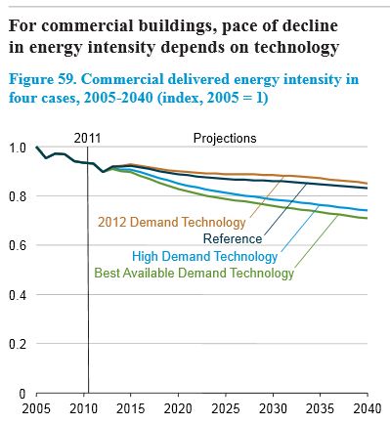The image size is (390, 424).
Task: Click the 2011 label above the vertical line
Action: click(89, 139)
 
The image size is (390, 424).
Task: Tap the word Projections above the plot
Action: click(225, 139)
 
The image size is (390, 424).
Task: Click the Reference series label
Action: click(233, 238)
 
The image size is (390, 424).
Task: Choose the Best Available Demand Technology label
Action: click(194, 274)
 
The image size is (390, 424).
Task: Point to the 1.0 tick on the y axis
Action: click(16, 148)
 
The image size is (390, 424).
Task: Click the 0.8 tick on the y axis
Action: click(16, 196)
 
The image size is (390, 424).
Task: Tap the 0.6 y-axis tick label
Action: click(16, 245)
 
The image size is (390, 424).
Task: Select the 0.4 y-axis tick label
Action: click(16, 294)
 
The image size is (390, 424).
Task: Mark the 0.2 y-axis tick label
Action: click(16, 344)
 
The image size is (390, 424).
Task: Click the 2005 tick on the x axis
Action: click(36, 409)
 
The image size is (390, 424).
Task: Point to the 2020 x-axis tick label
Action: click(178, 409)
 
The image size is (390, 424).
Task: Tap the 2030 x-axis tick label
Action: click(273, 409)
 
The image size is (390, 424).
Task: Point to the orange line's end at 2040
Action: click(368, 183)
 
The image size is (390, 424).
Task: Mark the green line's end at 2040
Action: click(368, 218)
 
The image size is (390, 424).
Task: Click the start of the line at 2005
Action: click(36, 148)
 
